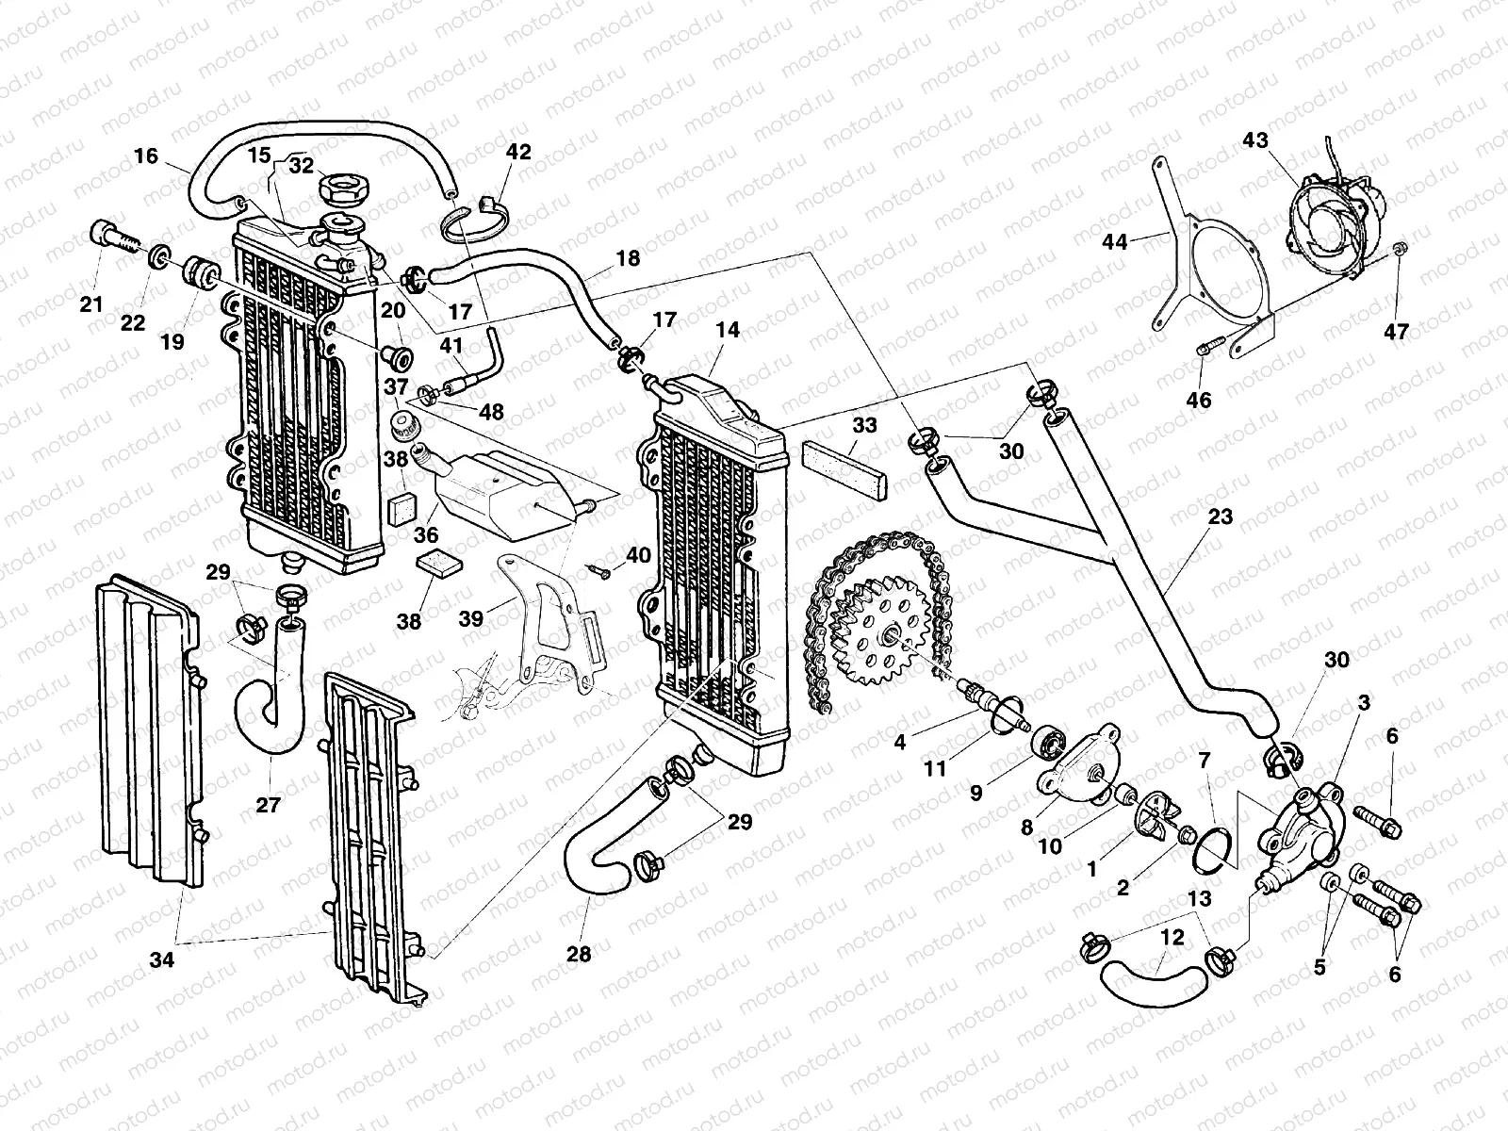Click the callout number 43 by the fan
point(1254,140)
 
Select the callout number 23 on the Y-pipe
point(1221,517)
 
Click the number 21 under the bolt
point(90,304)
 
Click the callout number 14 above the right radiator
point(728,331)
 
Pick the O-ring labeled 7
point(1209,845)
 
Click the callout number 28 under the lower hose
point(579,954)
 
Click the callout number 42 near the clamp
point(518,152)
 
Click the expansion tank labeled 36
point(495,489)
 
